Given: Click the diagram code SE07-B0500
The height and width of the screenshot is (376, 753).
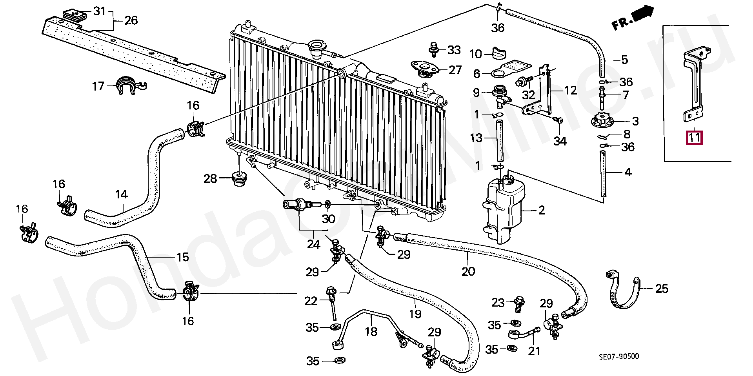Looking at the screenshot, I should (619, 356).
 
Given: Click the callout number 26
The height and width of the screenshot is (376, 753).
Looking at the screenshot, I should (131, 20).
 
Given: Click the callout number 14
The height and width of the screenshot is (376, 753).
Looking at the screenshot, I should (122, 194).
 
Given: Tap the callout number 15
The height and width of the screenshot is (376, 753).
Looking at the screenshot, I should (182, 257).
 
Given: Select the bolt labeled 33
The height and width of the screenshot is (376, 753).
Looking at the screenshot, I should (433, 49).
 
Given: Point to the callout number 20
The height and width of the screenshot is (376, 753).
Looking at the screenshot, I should (468, 271).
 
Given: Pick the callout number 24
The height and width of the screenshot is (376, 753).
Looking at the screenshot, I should (313, 244).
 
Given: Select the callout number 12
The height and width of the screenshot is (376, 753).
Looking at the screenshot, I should (571, 91).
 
